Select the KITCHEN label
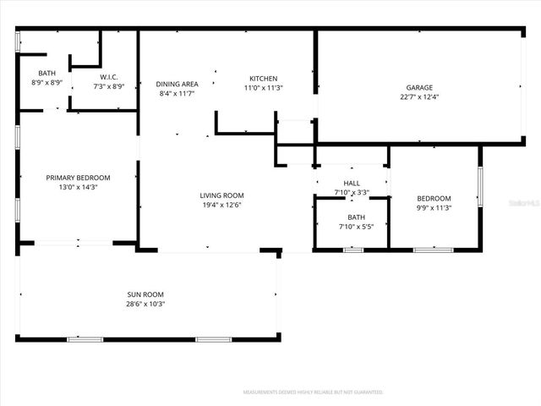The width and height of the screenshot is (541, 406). coord(263,78)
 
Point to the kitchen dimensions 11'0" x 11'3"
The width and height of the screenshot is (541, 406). coord(263,88)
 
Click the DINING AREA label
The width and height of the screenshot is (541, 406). coord(178,84)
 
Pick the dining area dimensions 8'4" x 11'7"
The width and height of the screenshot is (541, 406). coord(178,94)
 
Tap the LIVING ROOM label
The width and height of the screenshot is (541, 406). coord(221,195)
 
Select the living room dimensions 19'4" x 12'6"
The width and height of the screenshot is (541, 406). coord(221,206)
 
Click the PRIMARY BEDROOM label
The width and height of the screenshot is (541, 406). coord(78,178)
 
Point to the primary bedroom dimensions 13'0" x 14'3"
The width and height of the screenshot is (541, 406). coord(78,188)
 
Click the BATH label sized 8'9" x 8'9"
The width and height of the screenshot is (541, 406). coord(46,74)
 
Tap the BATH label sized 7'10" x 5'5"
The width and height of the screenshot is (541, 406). coord(351,217)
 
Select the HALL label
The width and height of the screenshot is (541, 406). coord(351,183)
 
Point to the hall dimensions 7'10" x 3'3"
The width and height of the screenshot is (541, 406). coord(351,193)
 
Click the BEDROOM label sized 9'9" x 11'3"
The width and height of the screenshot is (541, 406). coord(434,198)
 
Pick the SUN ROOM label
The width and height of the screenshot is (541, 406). coord(145,294)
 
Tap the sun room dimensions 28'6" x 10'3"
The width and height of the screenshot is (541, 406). coord(145,304)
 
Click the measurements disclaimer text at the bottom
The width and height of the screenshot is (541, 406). coord(313,392)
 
